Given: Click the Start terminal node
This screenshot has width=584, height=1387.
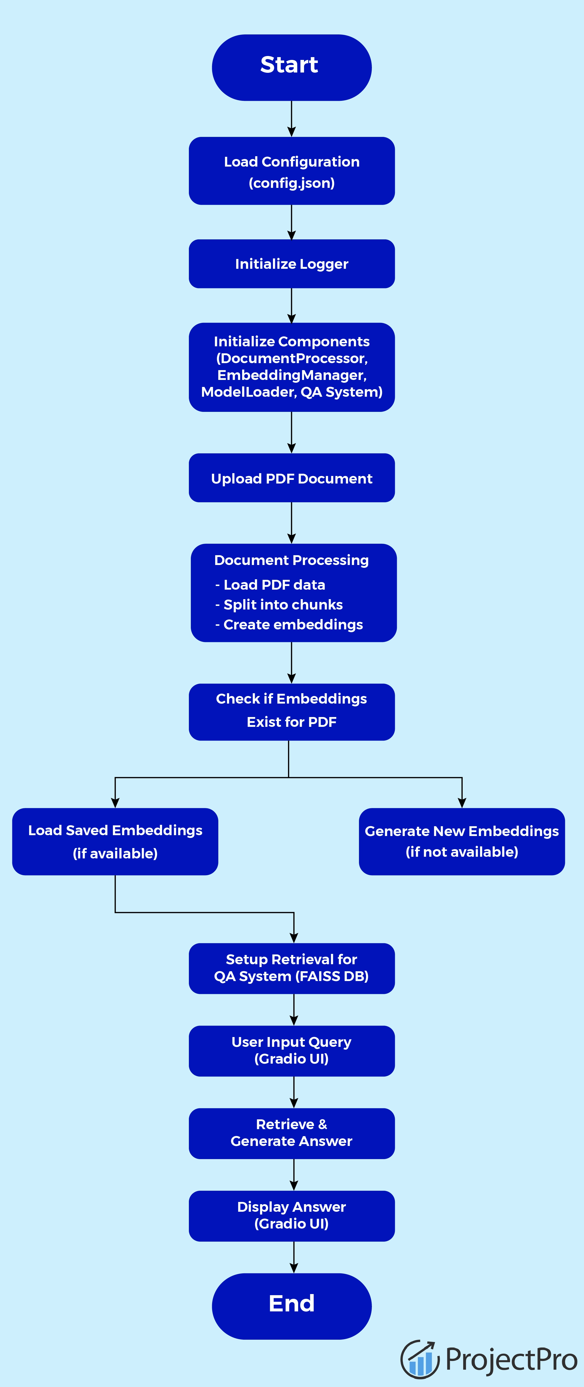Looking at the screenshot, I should coord(291,67).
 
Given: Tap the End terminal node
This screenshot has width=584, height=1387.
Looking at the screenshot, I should coord(291,1306).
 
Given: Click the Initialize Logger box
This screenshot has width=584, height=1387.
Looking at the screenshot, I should coord(291,264).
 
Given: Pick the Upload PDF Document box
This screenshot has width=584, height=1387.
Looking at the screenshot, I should coord(291,478).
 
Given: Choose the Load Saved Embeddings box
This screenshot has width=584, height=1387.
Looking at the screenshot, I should coord(115,841).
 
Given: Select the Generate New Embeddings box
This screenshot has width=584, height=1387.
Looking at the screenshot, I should coord(462,841).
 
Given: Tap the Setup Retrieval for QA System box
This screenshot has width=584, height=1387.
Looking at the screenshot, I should coord(291,968).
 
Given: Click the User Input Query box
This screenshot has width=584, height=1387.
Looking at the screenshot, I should coord(291,1050).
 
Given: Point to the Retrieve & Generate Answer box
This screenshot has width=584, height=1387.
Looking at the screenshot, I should coord(291,1133).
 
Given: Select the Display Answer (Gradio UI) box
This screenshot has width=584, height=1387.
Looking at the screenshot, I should coord(291,1215).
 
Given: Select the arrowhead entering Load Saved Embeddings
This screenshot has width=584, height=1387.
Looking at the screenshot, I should coord(115,802).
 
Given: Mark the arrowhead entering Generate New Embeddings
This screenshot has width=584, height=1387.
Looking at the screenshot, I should coord(462,802).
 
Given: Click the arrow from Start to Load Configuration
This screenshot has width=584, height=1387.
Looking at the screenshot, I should coord(291,118).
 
